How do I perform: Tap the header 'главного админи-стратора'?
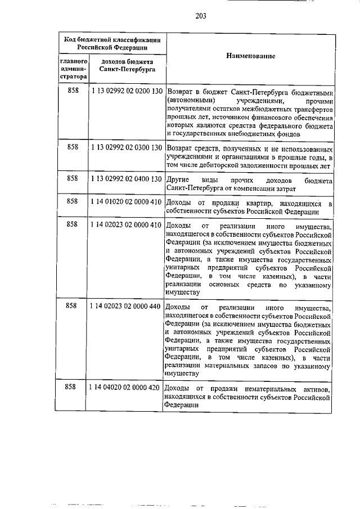pos(73,67)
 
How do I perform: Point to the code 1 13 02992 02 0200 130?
pos(126,91)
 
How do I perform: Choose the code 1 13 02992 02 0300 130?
pos(126,147)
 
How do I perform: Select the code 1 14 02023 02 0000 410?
pos(126,225)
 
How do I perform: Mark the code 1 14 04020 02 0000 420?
pos(125,388)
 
